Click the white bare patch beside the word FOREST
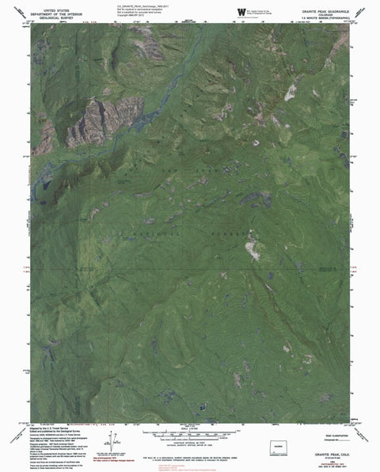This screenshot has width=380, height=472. [x=252, y=250]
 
